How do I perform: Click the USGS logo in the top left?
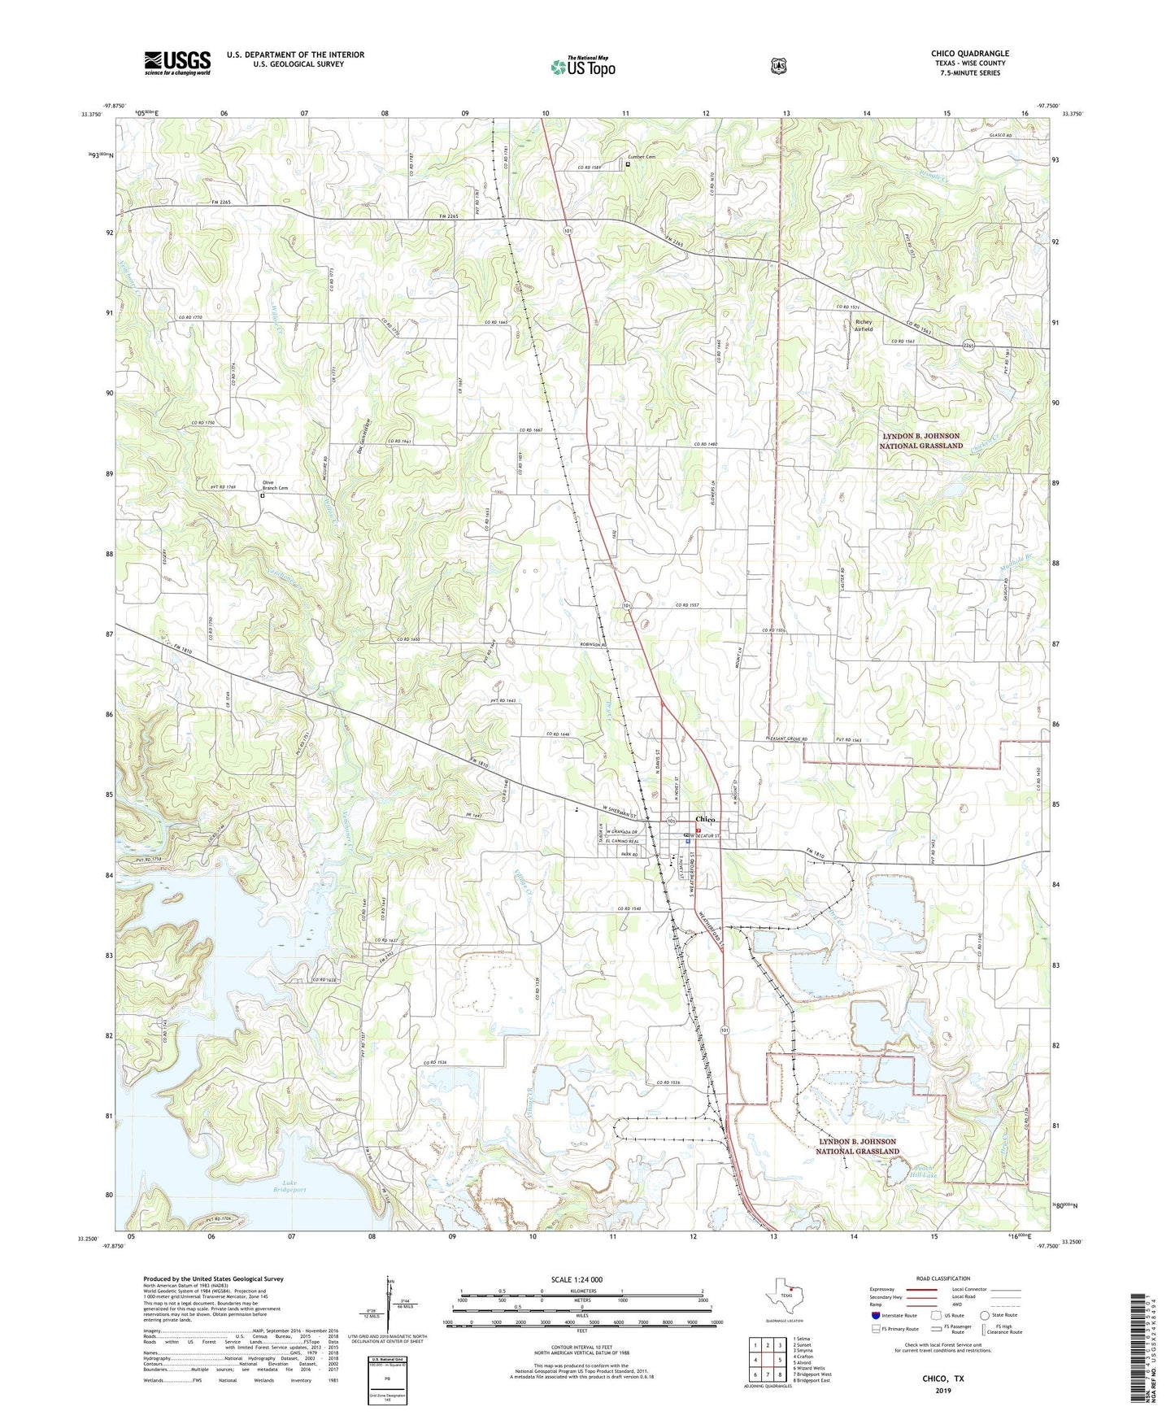click(177, 63)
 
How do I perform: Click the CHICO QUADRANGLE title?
click(969, 54)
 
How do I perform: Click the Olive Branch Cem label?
click(274, 485)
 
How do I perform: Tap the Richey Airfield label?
click(864, 325)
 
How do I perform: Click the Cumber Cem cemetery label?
click(641, 157)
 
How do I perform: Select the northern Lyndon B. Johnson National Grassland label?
click(922, 441)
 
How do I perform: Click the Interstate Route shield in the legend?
click(875, 1315)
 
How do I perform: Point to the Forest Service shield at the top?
click(778, 65)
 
